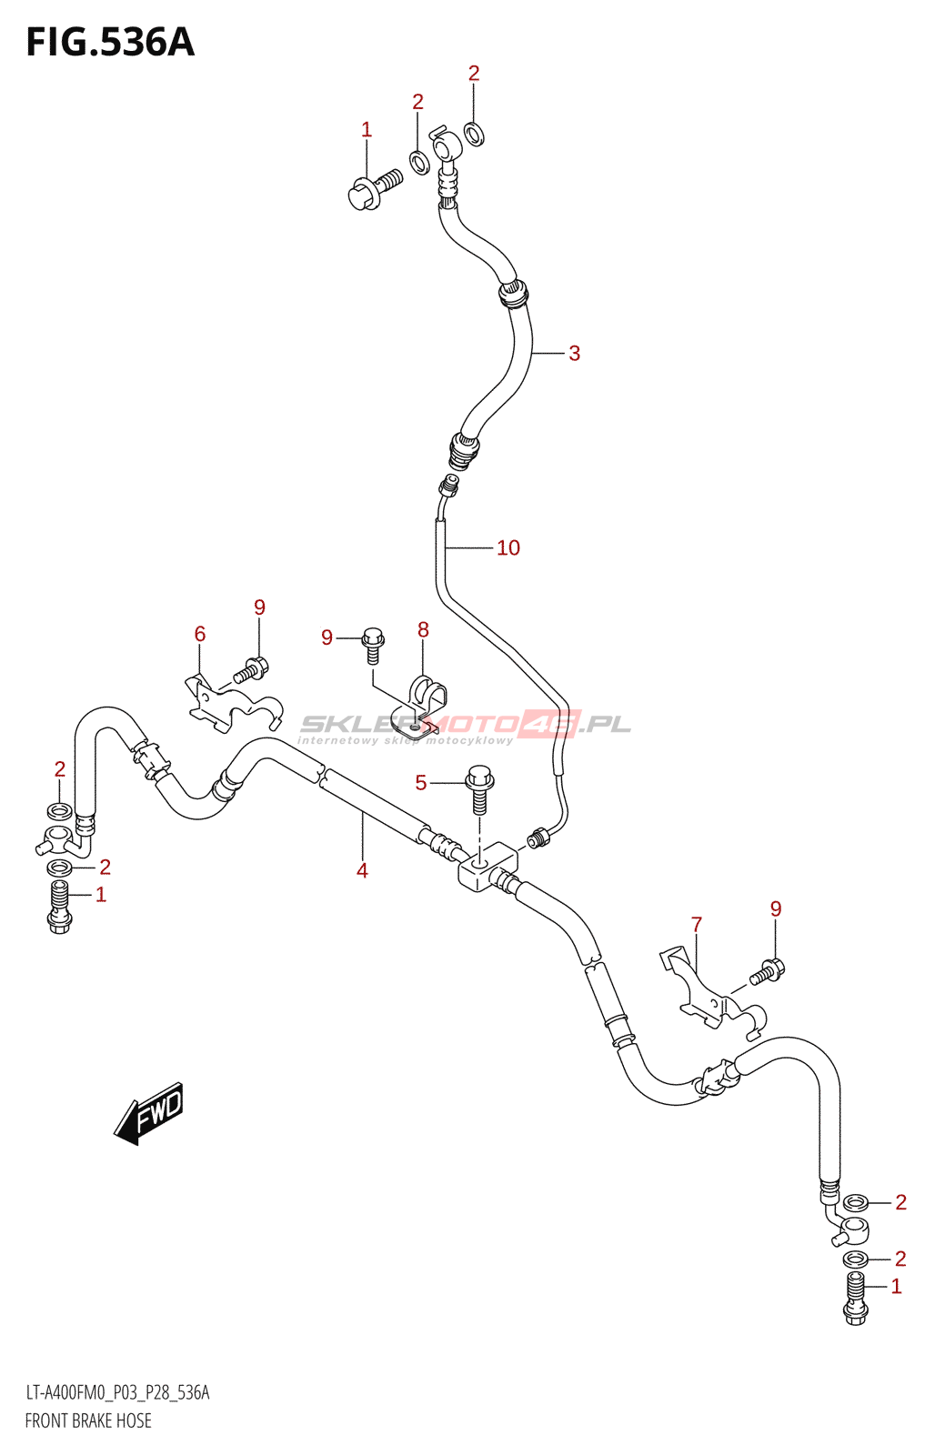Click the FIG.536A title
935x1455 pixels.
[x=110, y=43]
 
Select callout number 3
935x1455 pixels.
[x=574, y=353]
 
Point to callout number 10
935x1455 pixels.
[x=508, y=547]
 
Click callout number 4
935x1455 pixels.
[x=362, y=870]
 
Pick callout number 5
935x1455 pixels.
[x=420, y=782]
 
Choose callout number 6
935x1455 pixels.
[x=200, y=634]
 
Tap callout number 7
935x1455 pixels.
[x=697, y=924]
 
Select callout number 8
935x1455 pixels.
[x=423, y=629]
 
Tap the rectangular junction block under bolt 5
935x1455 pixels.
[x=488, y=866]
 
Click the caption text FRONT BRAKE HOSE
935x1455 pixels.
[x=88, y=1420]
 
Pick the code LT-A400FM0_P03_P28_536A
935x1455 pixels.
[x=117, y=1392]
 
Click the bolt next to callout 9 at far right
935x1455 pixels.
[x=766, y=973]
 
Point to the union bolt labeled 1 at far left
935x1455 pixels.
[x=60, y=907]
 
